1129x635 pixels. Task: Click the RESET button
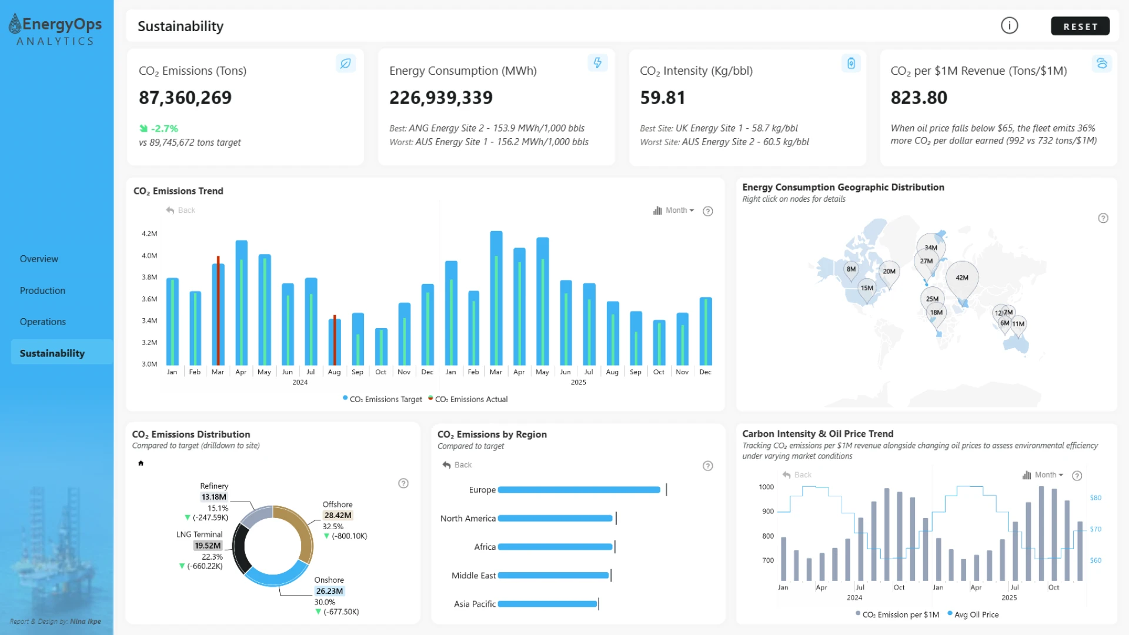point(1080,26)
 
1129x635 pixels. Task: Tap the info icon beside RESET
point(1010,26)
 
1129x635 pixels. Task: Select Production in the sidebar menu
point(42,290)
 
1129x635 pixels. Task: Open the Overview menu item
point(39,259)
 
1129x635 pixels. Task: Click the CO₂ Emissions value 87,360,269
point(185,98)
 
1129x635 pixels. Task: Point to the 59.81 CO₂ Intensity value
point(663,98)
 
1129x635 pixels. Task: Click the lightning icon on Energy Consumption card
point(597,63)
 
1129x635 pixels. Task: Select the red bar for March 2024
point(218,310)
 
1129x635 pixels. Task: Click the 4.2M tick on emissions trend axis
point(149,233)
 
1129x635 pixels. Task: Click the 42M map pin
point(962,278)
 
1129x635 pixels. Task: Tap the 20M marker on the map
point(889,272)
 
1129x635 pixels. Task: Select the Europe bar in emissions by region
point(579,490)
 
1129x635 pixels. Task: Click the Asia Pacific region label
point(475,604)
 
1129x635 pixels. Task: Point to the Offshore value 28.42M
point(338,516)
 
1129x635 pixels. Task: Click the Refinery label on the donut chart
point(214,486)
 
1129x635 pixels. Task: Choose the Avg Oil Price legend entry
point(973,615)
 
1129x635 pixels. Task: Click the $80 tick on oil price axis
point(1095,498)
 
